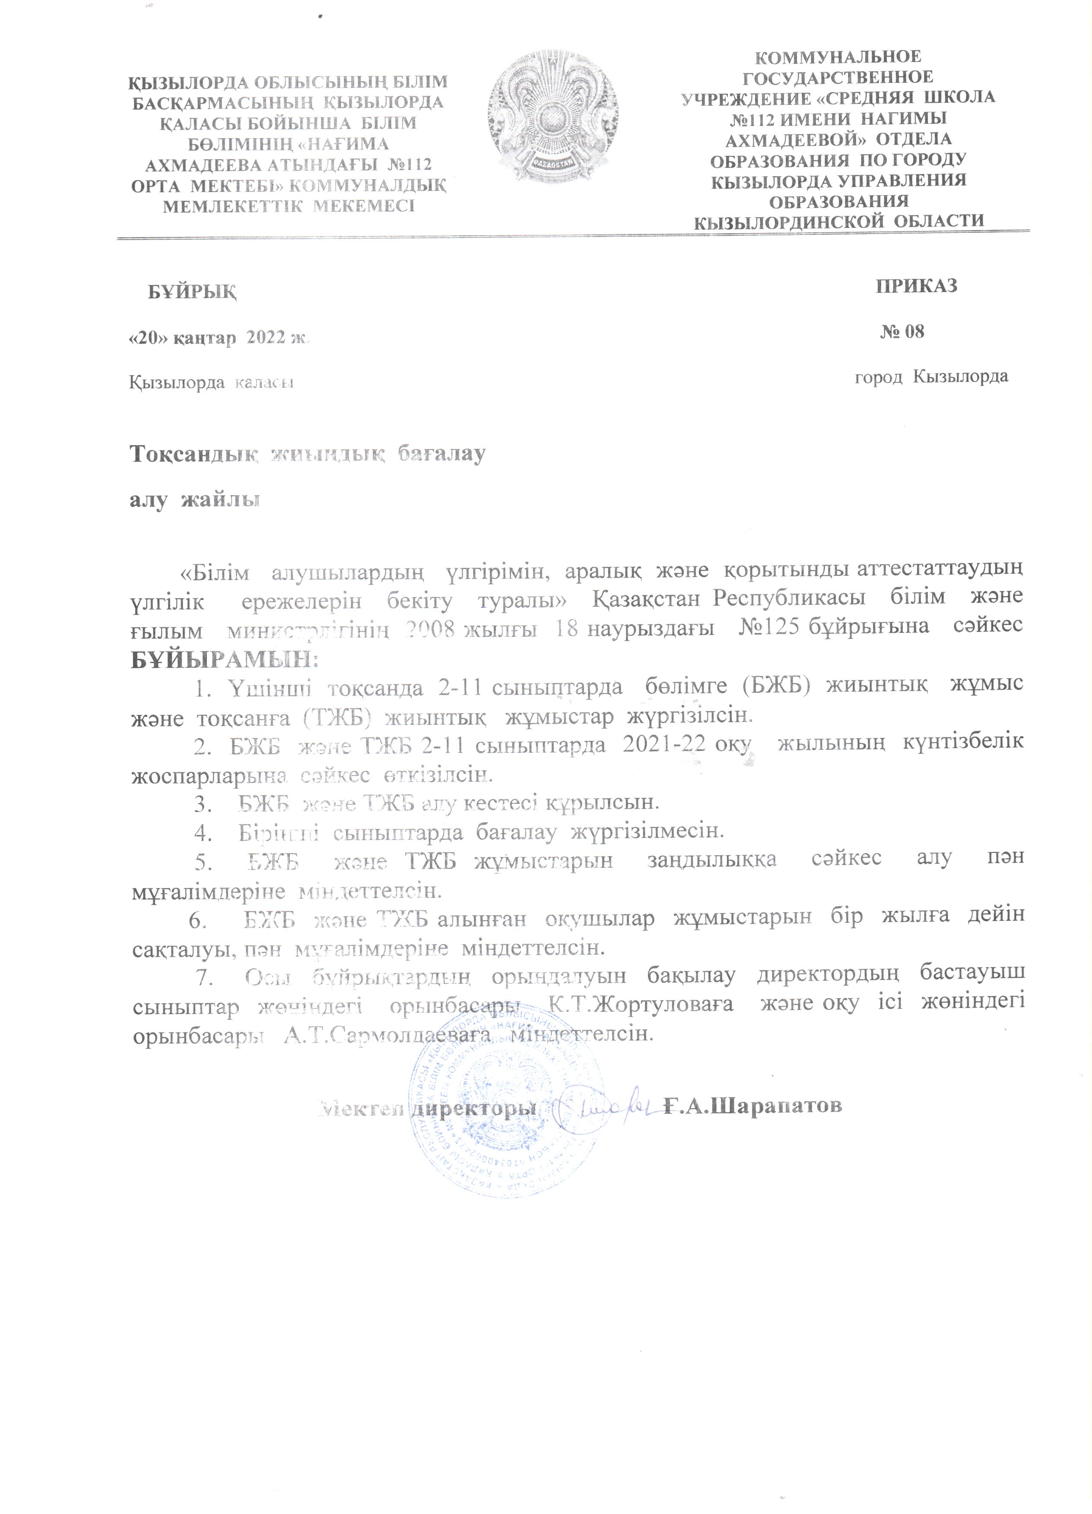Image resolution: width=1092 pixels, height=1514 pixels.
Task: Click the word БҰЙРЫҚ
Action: pos(192,292)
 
